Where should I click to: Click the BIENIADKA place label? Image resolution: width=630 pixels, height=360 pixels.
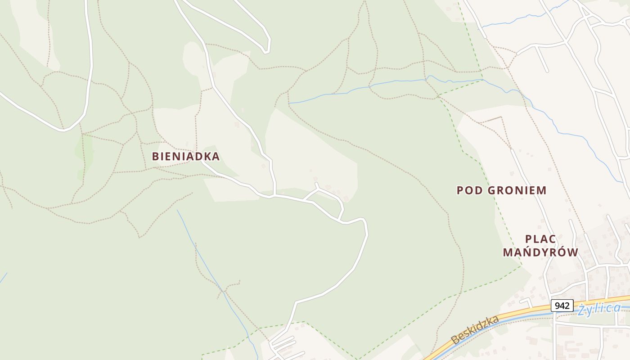click(x=185, y=157)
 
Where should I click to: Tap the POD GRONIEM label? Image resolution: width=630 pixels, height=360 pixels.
click(x=501, y=190)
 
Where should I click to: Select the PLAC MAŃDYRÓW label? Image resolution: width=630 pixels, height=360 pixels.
click(x=540, y=246)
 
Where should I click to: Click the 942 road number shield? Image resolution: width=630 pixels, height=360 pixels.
click(x=562, y=306)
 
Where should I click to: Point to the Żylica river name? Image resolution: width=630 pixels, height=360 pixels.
click(x=599, y=309)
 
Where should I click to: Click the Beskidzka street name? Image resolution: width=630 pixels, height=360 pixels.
click(x=476, y=330)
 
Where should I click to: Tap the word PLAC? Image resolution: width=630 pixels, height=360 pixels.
click(x=540, y=239)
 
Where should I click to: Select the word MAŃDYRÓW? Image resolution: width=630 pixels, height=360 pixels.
click(x=540, y=252)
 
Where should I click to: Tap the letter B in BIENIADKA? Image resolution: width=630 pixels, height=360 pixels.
click(x=156, y=157)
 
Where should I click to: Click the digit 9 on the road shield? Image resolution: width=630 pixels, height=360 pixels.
click(x=558, y=306)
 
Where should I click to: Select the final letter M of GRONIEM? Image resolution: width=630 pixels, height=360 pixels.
click(x=542, y=190)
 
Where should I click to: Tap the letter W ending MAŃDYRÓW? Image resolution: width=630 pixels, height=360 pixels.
click(x=573, y=252)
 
